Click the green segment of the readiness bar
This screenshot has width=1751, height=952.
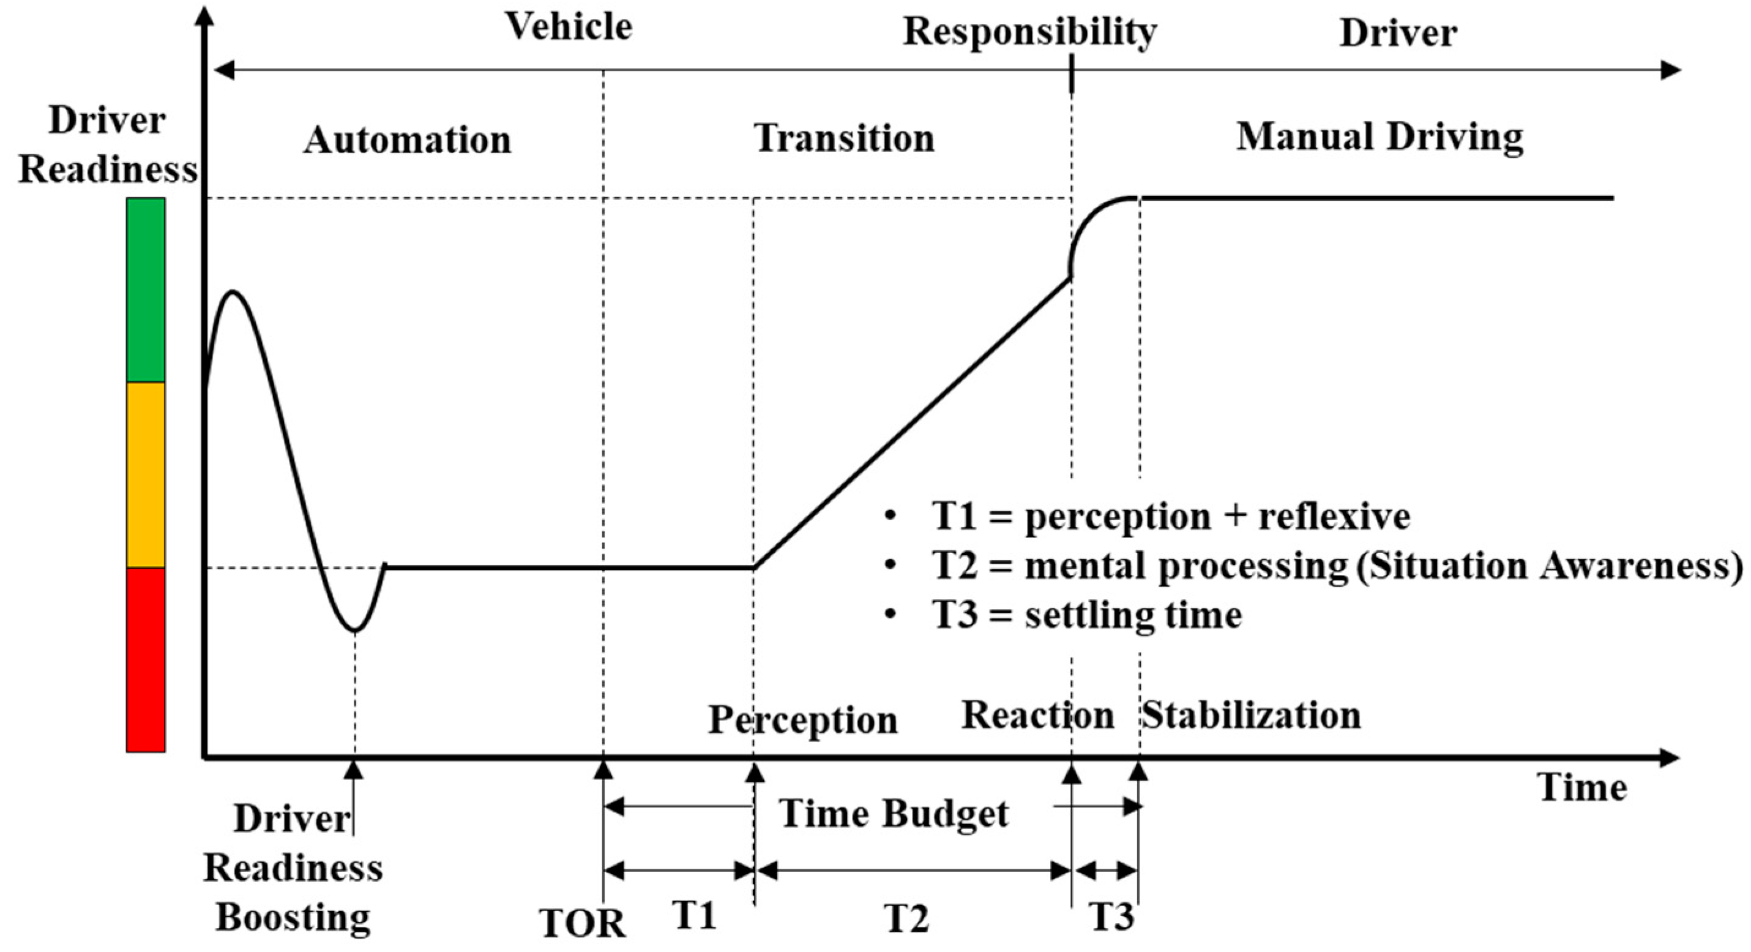pos(146,290)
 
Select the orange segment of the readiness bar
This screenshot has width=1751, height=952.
pos(146,474)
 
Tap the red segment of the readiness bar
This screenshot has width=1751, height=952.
pos(146,659)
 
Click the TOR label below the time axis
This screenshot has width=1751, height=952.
pos(583,923)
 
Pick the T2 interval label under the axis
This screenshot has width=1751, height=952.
pos(906,919)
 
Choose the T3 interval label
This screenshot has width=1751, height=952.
pos(1112,916)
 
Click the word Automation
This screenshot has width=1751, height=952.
pos(407,141)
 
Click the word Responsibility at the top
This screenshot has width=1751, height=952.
pos(1029,32)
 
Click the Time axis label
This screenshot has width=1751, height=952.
pos(1583,788)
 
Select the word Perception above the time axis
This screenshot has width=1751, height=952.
pos(803,719)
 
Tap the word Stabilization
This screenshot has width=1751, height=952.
pos(1251,715)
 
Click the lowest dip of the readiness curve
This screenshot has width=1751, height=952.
pos(355,631)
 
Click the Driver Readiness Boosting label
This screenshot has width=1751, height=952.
pos(293,868)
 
